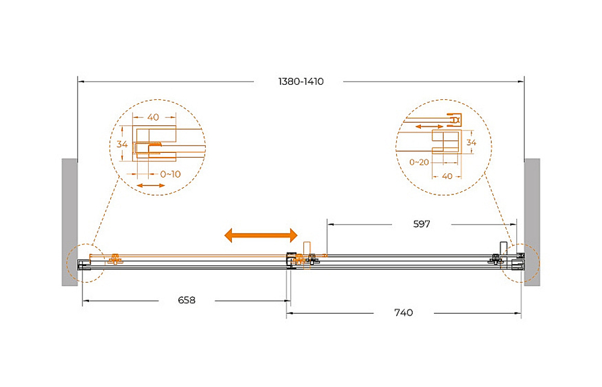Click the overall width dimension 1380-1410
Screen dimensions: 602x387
301,81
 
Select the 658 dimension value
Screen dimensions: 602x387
187,300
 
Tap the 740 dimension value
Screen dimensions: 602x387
403,312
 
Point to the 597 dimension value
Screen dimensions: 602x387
421,224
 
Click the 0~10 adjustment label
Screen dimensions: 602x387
170,175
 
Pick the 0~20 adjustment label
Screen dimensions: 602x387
419,162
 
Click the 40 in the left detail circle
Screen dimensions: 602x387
153,117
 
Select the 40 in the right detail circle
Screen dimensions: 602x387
447,176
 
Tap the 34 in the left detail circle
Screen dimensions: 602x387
122,144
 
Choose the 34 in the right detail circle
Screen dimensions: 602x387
471,143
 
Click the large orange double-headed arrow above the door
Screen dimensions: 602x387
261,235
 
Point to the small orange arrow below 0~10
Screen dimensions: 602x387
151,186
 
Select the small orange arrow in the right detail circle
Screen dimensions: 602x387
430,126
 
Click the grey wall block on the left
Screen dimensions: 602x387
69,222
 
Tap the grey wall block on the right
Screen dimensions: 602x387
532,222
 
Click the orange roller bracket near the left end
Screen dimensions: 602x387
115,259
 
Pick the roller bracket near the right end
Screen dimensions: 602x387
495,259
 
